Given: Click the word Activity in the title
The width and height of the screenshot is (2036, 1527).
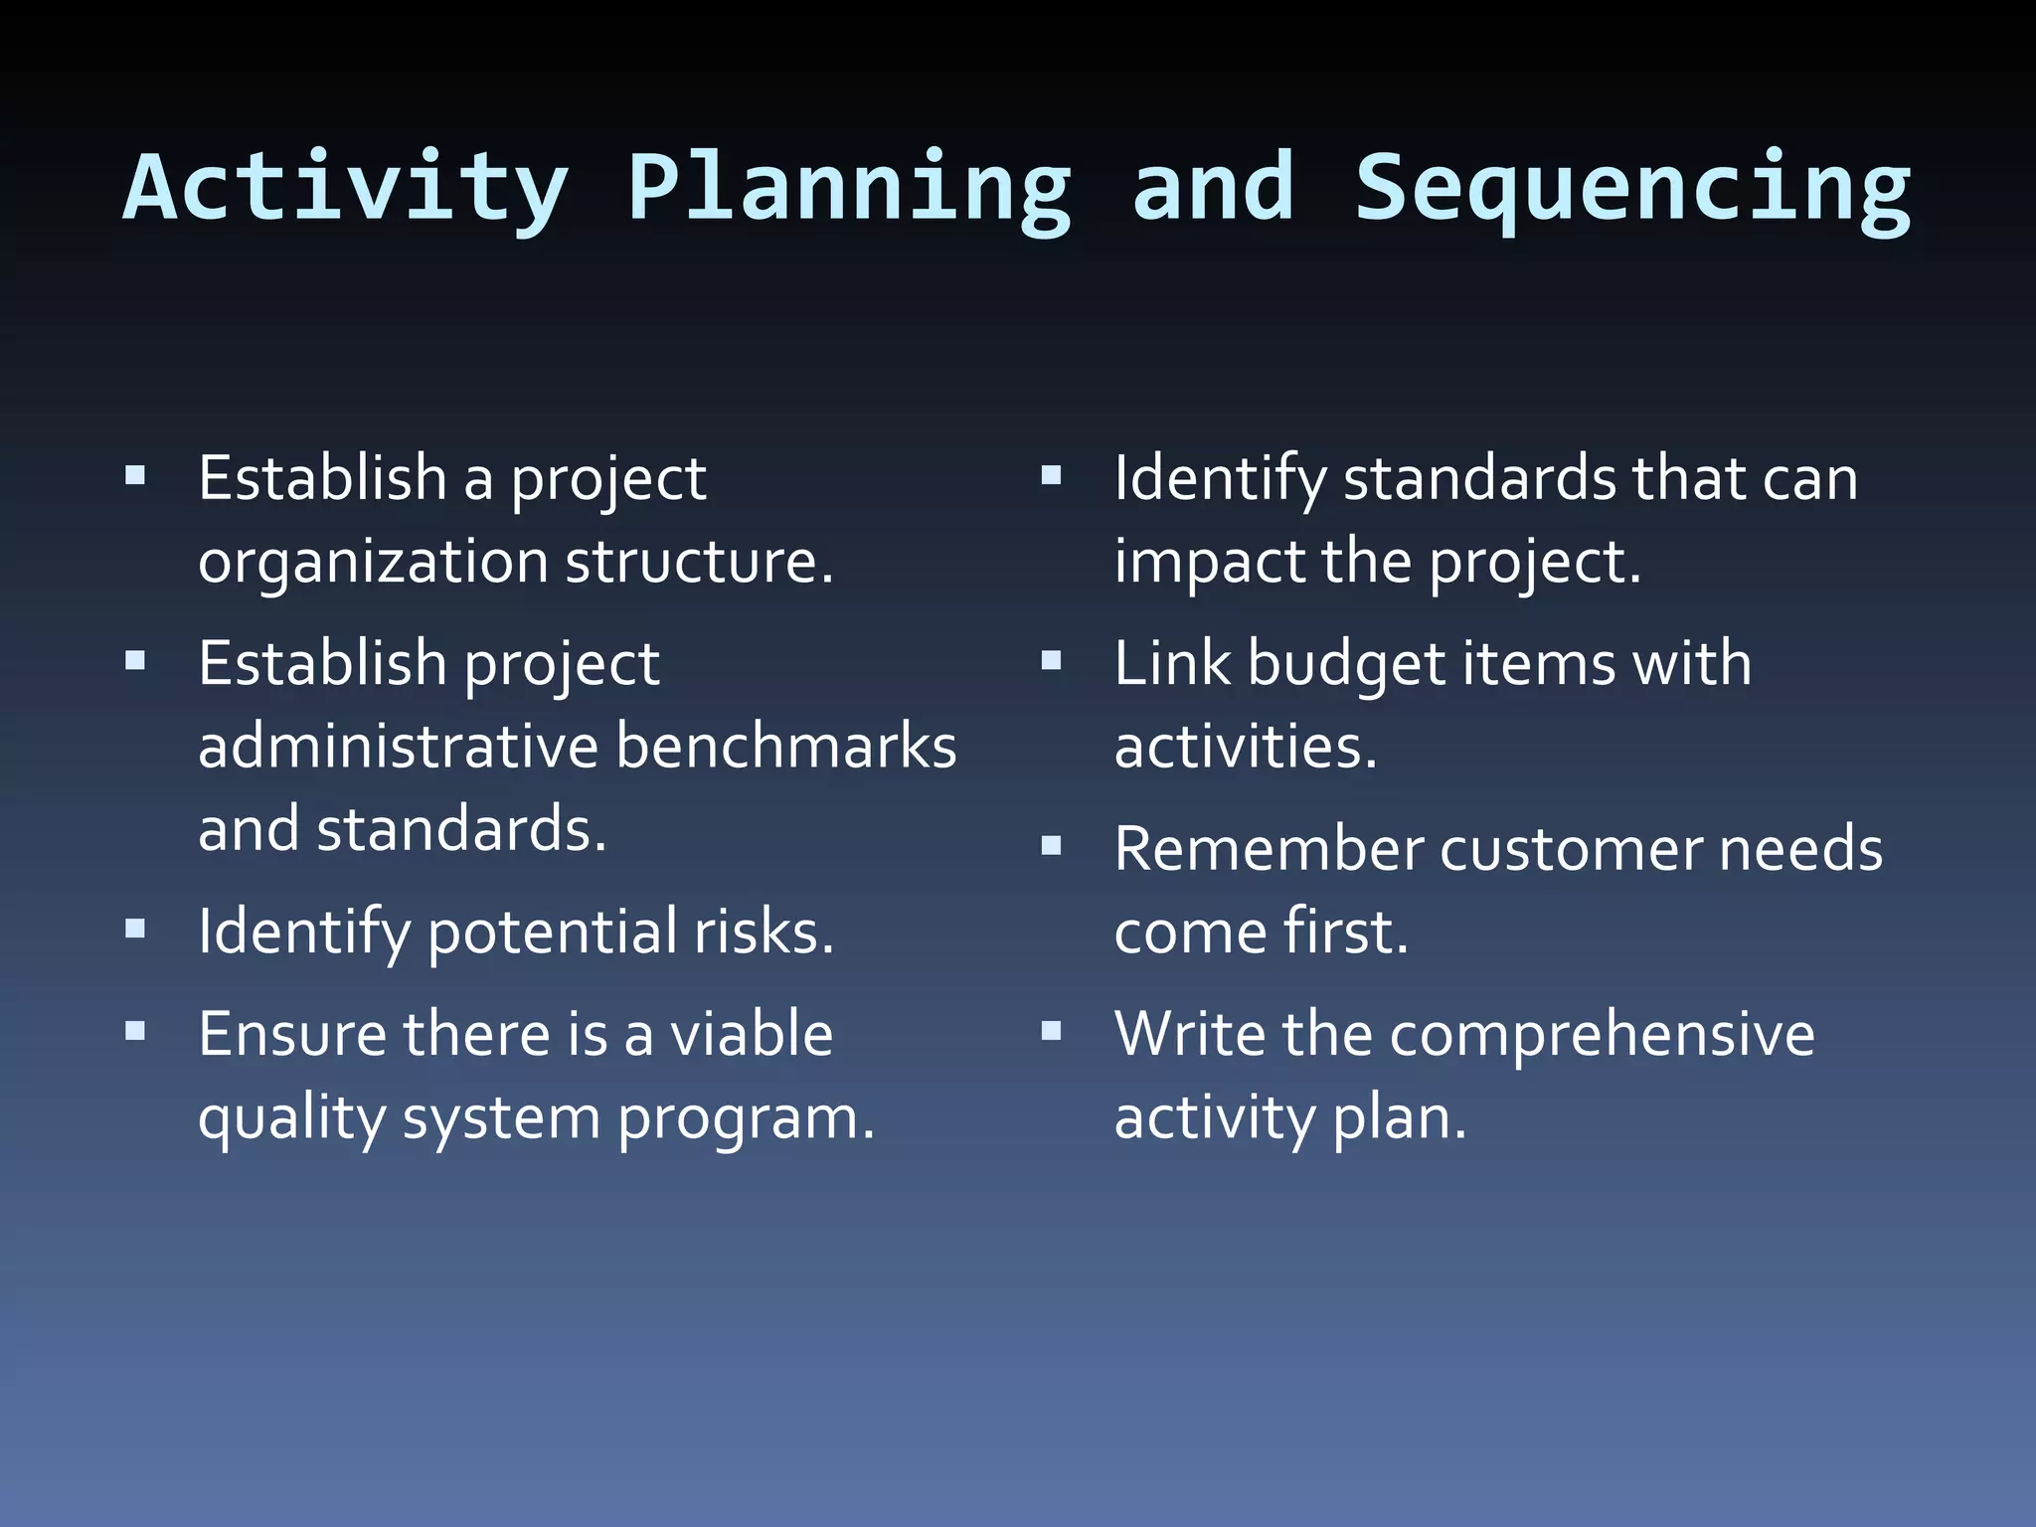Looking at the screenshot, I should point(346,189).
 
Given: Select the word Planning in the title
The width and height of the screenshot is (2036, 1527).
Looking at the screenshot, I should point(850,189).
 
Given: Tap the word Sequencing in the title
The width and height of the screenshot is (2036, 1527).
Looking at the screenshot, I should point(1632,189).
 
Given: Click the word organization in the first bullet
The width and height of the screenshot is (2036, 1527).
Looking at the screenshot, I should point(373,564).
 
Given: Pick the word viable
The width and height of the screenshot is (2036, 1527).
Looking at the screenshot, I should point(752,1034).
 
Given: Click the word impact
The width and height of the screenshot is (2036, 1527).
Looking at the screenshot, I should point(1210,564).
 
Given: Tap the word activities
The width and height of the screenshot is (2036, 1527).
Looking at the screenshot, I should point(1245,747).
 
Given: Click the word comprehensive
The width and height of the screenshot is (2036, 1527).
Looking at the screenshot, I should point(1602,1034).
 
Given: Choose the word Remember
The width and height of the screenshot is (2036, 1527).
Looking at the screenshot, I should point(1269,850).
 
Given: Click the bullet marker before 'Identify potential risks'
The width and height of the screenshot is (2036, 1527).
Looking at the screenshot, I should point(136,930).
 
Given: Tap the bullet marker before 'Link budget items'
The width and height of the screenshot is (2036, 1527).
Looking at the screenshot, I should point(1052,661).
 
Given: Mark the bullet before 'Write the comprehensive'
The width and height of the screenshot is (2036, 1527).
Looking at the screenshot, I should point(1052,1032).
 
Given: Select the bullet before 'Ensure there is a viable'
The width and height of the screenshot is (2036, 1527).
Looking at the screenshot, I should point(136,1032).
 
